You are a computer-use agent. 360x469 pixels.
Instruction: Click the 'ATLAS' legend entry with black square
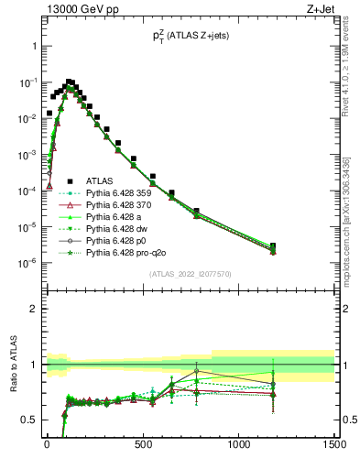click(x=100, y=180)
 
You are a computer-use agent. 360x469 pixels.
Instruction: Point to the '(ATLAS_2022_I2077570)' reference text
click(x=191, y=274)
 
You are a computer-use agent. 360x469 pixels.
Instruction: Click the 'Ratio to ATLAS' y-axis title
click(x=14, y=365)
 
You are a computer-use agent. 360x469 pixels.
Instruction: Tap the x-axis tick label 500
click(x=143, y=445)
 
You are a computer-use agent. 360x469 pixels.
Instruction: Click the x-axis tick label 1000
click(x=239, y=445)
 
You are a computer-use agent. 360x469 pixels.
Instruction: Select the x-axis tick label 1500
click(x=333, y=445)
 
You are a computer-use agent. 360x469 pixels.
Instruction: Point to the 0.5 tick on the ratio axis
click(x=29, y=420)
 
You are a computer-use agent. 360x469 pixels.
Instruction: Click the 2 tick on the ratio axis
click(x=33, y=309)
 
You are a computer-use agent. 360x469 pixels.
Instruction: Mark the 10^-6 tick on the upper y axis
click(x=27, y=263)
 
